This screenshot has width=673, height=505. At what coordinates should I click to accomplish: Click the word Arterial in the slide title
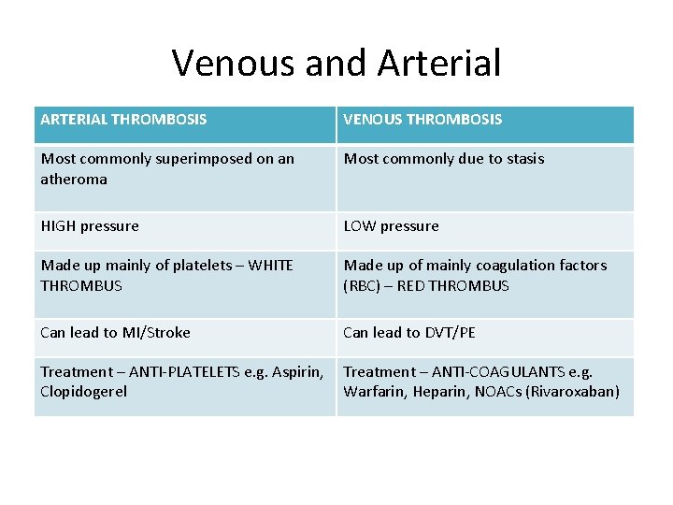439,64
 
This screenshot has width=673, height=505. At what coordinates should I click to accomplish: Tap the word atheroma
74,179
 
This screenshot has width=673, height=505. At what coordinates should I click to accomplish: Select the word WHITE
272,266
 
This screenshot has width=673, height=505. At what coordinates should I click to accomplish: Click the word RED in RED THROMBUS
412,286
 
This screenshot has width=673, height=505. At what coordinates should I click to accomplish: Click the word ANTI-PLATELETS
179,372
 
